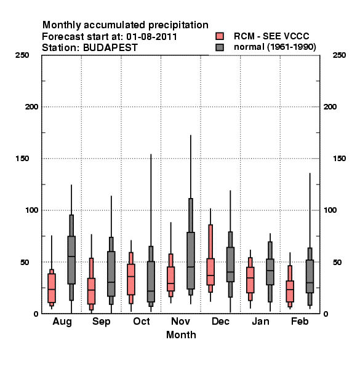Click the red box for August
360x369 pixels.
[52, 288]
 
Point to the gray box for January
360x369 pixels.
[270, 272]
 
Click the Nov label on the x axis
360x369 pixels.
[180, 321]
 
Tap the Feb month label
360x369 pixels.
[300, 321]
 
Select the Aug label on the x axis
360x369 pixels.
[62, 322]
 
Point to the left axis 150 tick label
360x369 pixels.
[22, 159]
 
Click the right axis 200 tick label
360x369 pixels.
[330, 107]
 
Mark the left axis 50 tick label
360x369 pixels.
[25, 262]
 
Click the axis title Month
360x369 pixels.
[181, 335]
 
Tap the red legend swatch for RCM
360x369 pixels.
[220, 36]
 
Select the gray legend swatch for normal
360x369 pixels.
[220, 47]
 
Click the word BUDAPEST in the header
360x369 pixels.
[110, 48]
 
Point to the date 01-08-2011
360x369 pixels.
[151, 37]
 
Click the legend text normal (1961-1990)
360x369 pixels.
[275, 47]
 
